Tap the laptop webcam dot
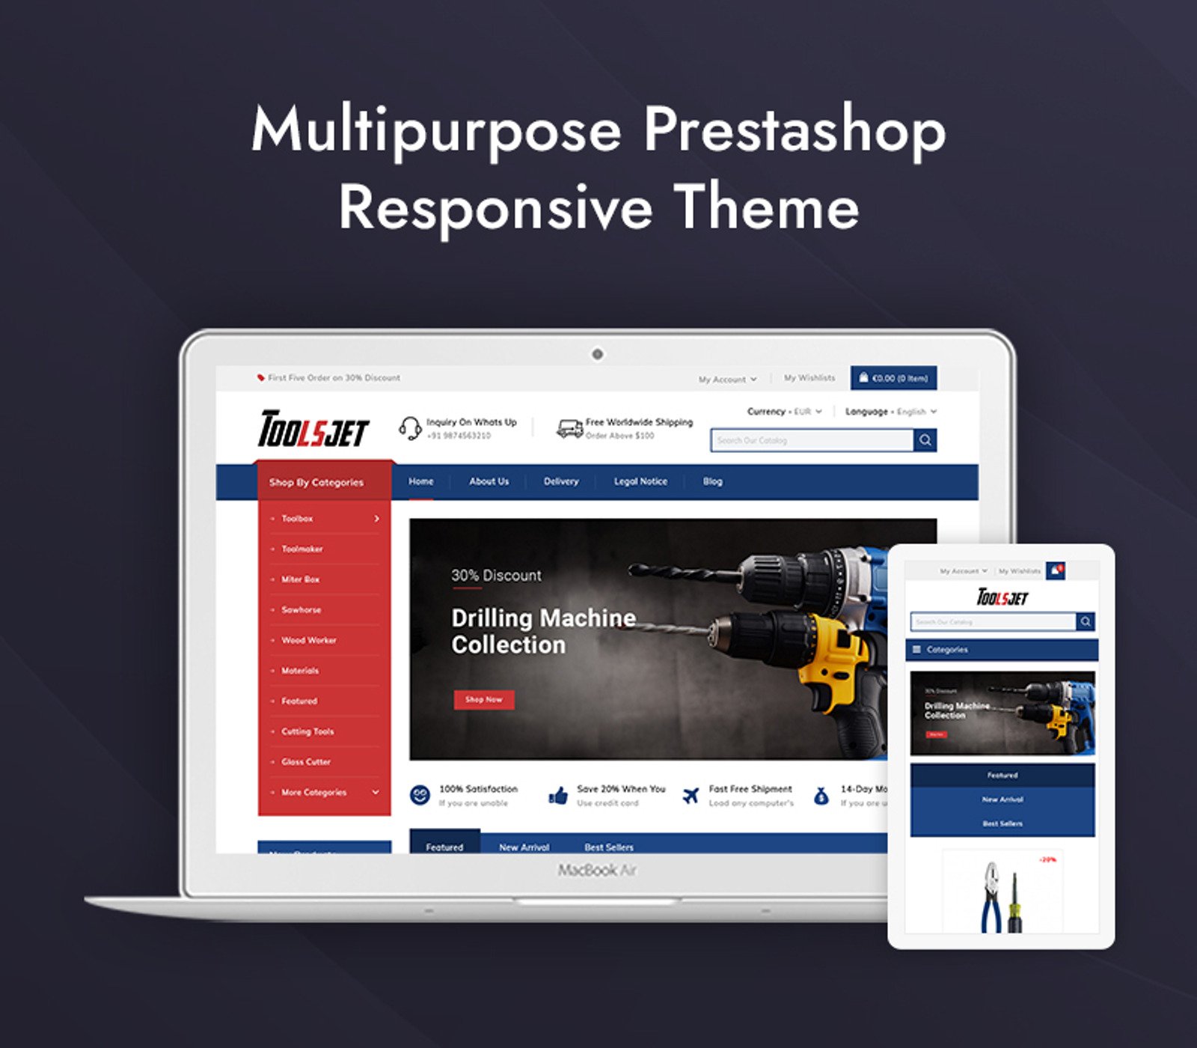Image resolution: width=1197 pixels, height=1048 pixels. coord(597,354)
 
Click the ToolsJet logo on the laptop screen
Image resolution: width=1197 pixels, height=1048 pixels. coord(313,429)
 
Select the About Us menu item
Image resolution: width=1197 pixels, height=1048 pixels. coord(489,481)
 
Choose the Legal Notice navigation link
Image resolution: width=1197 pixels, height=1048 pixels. coord(640,481)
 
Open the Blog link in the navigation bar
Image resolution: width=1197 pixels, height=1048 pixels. coord(712,481)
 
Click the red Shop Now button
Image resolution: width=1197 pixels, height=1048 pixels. coord(484,699)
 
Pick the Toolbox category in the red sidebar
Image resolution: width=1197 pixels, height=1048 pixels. coord(298,518)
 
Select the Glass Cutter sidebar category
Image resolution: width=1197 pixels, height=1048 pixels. coord(306,762)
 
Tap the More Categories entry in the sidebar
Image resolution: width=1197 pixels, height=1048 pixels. coord(314,792)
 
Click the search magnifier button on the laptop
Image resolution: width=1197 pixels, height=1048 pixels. coord(925,440)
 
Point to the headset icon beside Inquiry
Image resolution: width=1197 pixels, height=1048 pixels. coord(409,428)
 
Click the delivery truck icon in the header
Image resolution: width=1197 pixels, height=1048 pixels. coord(569,428)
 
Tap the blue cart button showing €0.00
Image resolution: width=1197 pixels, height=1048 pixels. coord(893,378)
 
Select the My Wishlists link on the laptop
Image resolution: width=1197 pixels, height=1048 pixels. coord(809,378)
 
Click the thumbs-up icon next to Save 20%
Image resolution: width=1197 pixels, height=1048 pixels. coord(558,796)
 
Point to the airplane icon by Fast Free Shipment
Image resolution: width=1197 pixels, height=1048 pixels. coord(691,796)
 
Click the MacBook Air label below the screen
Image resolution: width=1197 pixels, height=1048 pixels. coord(597,870)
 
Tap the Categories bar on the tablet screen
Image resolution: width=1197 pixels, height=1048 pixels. coord(1002,650)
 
